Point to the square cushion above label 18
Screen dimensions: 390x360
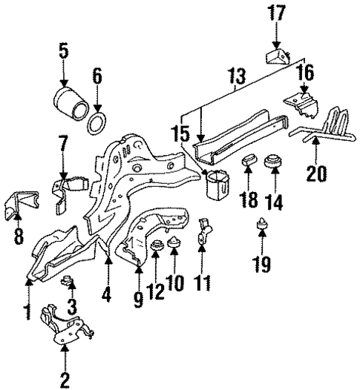(250, 162)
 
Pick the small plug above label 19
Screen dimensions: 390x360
(262, 224)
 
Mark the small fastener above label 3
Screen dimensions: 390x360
(68, 280)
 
